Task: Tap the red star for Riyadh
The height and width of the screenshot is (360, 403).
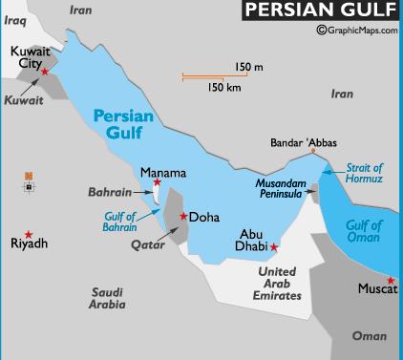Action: coord(29,235)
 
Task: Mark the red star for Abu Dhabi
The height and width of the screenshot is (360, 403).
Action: coord(274,247)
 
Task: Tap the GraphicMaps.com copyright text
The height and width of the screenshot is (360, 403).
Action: coord(352,31)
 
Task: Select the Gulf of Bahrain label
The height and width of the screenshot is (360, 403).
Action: coord(120,222)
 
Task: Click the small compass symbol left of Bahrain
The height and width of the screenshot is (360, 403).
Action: coord(30,180)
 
